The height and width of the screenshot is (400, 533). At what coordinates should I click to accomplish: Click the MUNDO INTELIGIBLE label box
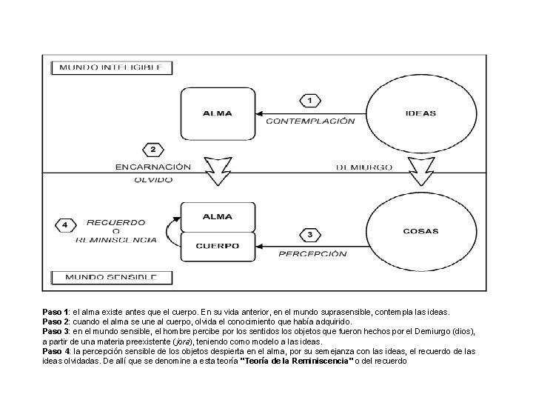[111, 67]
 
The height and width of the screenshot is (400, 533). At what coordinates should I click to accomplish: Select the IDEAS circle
[421, 113]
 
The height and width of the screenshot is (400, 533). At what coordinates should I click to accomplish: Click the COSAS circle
[420, 230]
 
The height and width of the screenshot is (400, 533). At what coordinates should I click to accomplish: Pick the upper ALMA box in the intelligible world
[218, 113]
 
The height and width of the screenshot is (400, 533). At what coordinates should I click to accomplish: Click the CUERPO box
[218, 247]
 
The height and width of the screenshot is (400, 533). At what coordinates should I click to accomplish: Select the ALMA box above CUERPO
[218, 217]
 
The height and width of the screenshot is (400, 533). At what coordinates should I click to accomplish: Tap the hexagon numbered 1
[309, 100]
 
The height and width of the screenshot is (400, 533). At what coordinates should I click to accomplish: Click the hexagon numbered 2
[152, 150]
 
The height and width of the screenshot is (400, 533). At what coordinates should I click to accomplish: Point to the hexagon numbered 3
[309, 235]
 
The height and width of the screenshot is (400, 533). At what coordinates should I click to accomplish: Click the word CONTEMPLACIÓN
[309, 121]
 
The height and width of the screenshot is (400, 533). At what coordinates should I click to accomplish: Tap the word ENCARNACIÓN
[153, 167]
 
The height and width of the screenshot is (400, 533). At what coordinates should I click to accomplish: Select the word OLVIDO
[153, 180]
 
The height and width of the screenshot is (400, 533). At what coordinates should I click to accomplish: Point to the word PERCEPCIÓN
[312, 254]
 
